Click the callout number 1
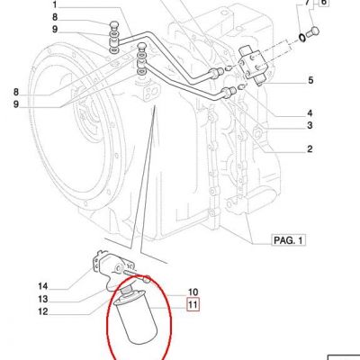click(55, 4)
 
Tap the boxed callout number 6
click(324, 3)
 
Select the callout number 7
click(307, 3)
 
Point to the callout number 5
click(310, 80)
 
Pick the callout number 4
click(310, 113)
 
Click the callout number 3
click(310, 125)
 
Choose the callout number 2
click(310, 148)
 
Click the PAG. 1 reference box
click(288, 240)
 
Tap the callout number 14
click(43, 286)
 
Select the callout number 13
click(43, 299)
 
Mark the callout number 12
click(43, 311)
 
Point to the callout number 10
click(193, 292)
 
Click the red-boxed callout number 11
click(193, 305)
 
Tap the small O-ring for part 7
click(302, 38)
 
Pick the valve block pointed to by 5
click(252, 64)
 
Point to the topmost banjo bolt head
click(114, 24)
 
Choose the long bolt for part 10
click(137, 274)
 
